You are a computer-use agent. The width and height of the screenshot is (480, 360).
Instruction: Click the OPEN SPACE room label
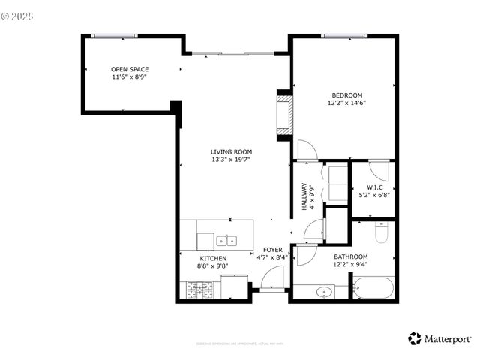[130, 70]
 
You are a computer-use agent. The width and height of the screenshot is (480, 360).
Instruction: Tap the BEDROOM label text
[347, 95]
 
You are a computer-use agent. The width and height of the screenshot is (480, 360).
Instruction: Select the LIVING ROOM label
[230, 152]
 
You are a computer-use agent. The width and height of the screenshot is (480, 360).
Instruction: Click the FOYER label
[272, 250]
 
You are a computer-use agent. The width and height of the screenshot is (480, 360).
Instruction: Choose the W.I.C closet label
[375, 187]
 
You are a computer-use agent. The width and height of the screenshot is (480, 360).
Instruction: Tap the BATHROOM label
[350, 256]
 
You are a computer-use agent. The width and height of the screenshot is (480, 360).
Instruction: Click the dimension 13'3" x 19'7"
[230, 160]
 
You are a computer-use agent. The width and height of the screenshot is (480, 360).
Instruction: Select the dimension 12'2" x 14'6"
[347, 103]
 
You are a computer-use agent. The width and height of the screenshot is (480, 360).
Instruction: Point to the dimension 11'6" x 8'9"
[130, 77]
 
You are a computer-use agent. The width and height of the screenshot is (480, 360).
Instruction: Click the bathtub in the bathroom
[373, 289]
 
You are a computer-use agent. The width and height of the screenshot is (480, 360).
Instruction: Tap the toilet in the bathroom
[380, 234]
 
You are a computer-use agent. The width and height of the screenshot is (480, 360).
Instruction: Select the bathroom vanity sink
[325, 291]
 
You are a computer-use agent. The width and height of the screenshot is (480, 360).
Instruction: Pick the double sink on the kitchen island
[226, 241]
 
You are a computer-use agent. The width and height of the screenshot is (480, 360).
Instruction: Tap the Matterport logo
[439, 338]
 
